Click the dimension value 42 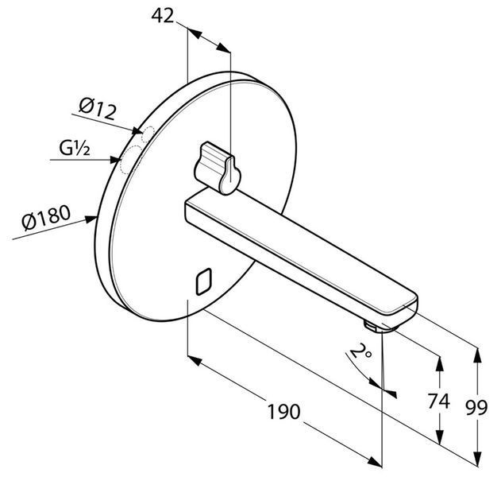(162, 15)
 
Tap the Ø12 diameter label (98, 109)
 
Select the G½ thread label (75, 148)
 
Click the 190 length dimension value (283, 412)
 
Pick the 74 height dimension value (439, 401)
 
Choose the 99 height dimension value (476, 408)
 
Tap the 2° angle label (360, 352)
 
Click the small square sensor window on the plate (204, 281)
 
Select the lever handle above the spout (218, 168)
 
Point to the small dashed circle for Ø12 (148, 134)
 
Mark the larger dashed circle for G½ (130, 160)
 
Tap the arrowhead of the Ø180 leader (91, 219)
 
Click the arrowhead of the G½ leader (115, 160)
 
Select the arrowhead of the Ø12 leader (137, 131)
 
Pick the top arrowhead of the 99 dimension (477, 355)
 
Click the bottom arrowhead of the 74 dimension (440, 436)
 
